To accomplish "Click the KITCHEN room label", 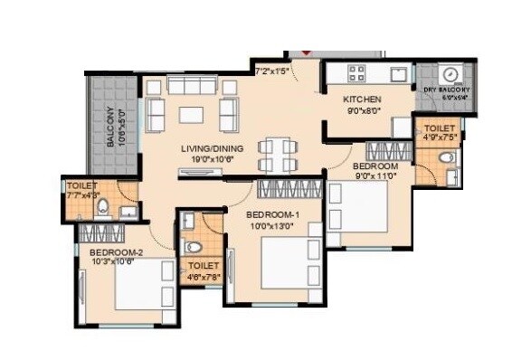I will [x=362, y=99].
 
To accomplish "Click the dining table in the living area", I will [x=277, y=154].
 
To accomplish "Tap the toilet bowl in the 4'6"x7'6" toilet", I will [x=192, y=245].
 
